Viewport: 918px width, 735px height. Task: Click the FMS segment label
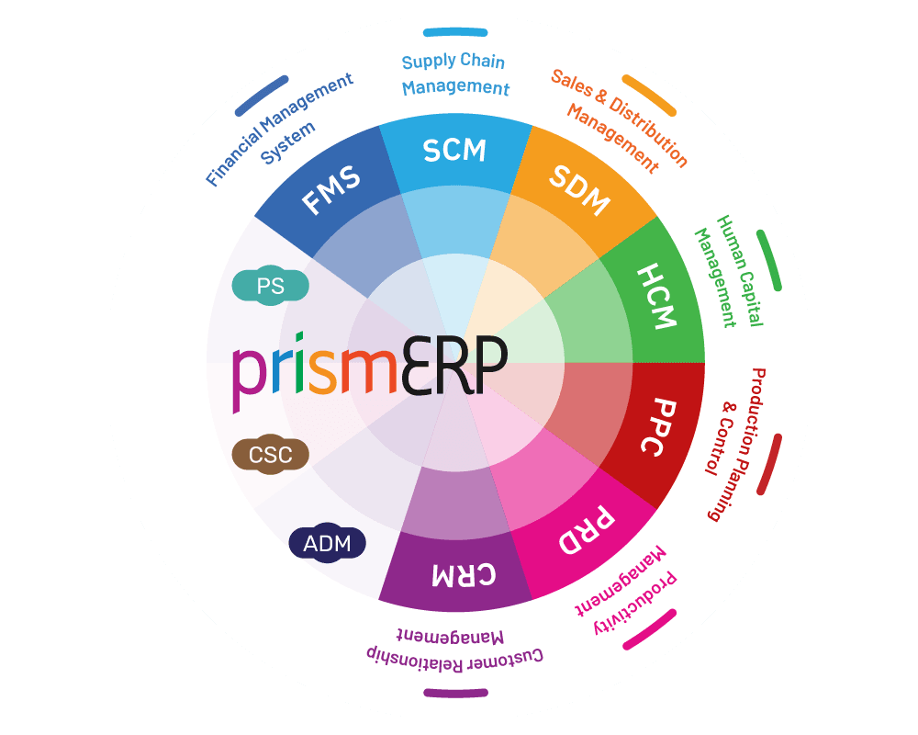pyautogui.click(x=330, y=189)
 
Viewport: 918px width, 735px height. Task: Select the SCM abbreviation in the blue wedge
pyautogui.click(x=454, y=151)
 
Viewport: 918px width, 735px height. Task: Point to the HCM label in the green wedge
pyautogui.click(x=657, y=296)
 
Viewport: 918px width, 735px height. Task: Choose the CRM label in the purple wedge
pyautogui.click(x=464, y=575)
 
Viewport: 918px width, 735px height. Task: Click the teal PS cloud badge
pyautogui.click(x=271, y=286)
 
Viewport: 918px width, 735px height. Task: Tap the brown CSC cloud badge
pyautogui.click(x=271, y=455)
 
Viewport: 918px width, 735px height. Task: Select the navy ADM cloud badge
pyautogui.click(x=328, y=543)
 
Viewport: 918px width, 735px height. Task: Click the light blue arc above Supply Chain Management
pyautogui.click(x=455, y=32)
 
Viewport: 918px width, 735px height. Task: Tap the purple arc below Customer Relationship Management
pyautogui.click(x=455, y=694)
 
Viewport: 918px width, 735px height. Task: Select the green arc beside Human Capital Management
pyautogui.click(x=769, y=260)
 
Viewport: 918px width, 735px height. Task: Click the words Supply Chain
pyautogui.click(x=453, y=61)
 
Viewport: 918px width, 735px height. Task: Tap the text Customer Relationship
pyautogui.click(x=455, y=660)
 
